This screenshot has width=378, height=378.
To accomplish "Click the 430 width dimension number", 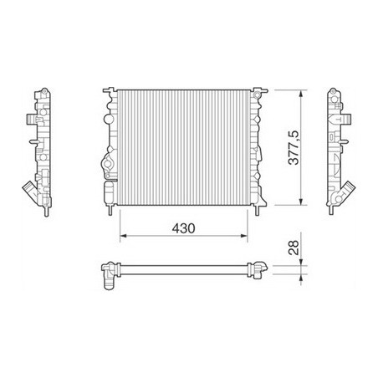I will click(185, 227).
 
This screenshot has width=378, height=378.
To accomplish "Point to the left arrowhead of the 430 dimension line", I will click(124, 238).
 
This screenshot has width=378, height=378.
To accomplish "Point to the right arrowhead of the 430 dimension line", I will click(248, 238).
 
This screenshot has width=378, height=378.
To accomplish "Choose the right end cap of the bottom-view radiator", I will click(261, 269).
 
